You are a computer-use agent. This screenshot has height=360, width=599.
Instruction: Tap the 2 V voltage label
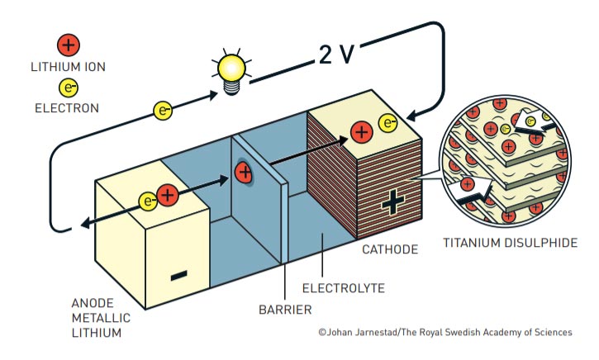coord(335,54)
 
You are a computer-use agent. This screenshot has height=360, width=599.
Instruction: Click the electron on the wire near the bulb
coord(164,109)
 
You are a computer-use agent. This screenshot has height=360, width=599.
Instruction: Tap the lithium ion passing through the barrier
coord(243,173)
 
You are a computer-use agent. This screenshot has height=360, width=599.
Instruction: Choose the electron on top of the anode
coord(149,199)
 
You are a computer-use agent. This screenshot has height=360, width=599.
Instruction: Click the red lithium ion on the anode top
coord(168,196)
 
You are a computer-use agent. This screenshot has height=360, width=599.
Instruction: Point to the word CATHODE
coord(390,249)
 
